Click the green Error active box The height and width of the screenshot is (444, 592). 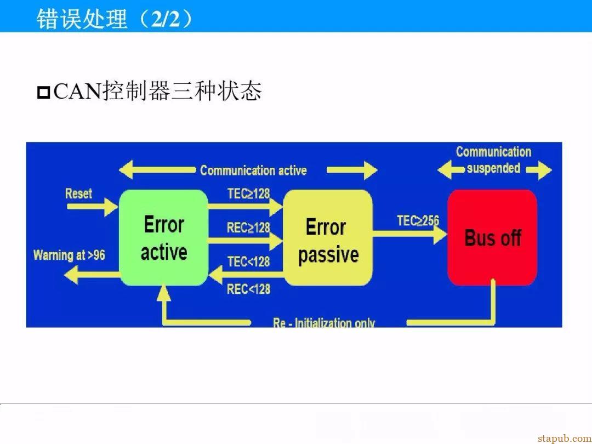click(164, 237)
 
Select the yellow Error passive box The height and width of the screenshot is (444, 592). click(328, 237)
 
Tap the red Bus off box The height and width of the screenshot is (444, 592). click(492, 237)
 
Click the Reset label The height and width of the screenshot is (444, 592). click(78, 193)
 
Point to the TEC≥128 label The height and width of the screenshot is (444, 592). click(248, 193)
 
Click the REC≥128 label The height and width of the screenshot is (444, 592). click(248, 227)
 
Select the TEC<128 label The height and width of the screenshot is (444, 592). click(248, 261)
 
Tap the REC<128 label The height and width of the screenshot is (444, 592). click(248, 289)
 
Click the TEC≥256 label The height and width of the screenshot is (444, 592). click(418, 220)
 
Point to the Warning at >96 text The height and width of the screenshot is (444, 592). click(69, 255)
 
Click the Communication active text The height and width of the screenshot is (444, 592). click(253, 170)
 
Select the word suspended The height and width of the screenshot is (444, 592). click(493, 168)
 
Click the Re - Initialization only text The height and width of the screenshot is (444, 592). click(324, 323)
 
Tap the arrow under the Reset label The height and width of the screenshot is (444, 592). click(92, 207)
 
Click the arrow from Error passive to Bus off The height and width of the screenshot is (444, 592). click(410, 234)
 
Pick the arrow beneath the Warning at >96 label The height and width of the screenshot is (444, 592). click(92, 275)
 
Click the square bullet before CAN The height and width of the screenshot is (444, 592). click(44, 93)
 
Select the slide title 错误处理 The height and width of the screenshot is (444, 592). click(82, 19)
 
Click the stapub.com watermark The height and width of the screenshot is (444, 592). click(565, 439)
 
